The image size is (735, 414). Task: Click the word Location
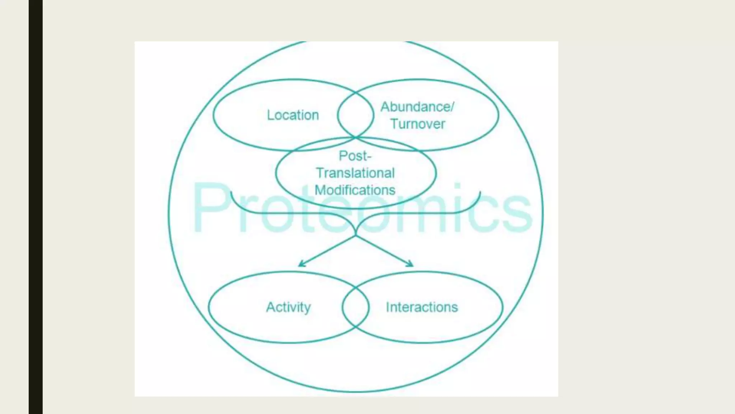[x=293, y=115]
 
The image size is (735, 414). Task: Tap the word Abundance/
[x=417, y=107]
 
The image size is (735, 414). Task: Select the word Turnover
[x=418, y=124]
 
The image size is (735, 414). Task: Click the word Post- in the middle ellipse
[x=355, y=156]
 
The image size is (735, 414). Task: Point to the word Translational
[x=355, y=173]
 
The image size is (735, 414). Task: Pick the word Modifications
[x=355, y=190]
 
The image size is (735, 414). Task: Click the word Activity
[x=289, y=307]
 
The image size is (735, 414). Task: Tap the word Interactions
[x=422, y=307]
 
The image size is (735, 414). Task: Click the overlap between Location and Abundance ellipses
[x=355, y=115]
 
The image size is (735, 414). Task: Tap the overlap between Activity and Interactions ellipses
[x=355, y=307]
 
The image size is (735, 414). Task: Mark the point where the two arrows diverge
[x=355, y=236]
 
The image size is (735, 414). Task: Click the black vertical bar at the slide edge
[x=36, y=207]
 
